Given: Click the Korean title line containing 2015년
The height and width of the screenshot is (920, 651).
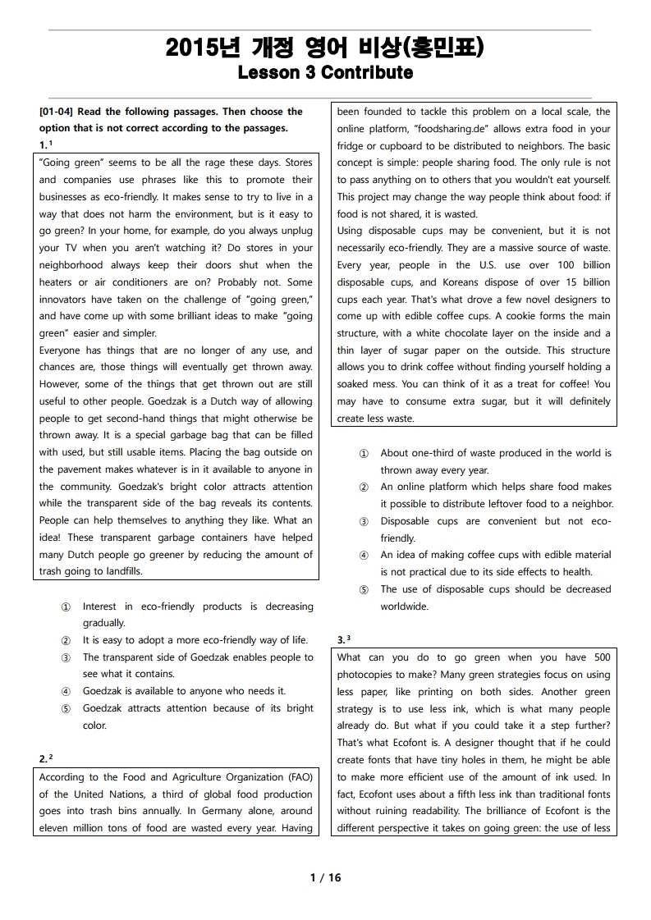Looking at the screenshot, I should click(x=324, y=48).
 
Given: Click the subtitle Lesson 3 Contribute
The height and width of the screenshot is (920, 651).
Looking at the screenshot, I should click(x=324, y=73).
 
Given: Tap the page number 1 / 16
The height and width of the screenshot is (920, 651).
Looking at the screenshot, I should click(x=325, y=877).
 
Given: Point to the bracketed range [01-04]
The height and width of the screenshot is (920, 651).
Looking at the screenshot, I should click(x=57, y=112).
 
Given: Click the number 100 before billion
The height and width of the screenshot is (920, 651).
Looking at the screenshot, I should click(x=566, y=265).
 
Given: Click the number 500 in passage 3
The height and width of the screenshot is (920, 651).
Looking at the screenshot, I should click(x=601, y=657).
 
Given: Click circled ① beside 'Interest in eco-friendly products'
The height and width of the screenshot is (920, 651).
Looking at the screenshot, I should click(x=66, y=606).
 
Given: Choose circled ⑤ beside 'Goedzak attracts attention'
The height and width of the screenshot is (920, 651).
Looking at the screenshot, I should click(x=66, y=708).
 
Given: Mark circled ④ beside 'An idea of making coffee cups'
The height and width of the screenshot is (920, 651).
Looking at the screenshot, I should click(x=364, y=556).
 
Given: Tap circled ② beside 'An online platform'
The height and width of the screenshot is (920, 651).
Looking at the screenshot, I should click(x=364, y=487).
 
